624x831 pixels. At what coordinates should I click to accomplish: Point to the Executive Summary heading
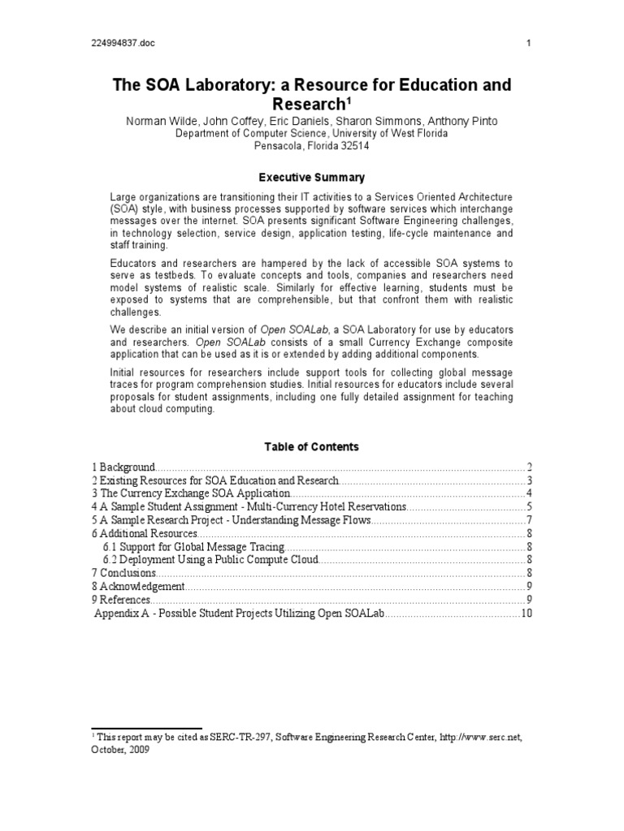click(311, 177)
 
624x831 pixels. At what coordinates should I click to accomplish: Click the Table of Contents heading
click(311, 446)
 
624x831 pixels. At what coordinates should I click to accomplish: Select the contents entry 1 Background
click(123, 467)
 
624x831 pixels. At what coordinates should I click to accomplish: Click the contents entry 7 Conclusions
click(123, 573)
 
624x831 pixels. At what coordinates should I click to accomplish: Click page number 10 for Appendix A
click(526, 613)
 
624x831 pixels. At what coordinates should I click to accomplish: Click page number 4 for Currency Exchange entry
click(528, 493)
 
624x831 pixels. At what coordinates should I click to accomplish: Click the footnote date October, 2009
click(119, 750)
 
